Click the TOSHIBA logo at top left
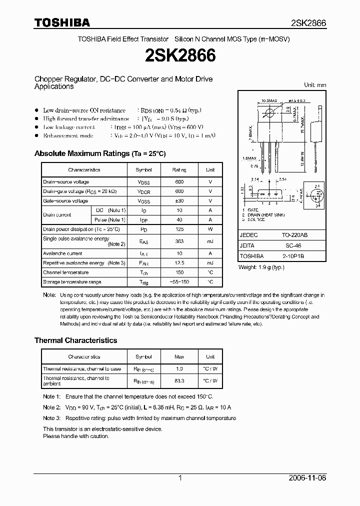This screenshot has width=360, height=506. click(62, 22)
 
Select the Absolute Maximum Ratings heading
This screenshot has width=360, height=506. click(99, 153)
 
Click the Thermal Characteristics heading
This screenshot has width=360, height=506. click(75, 340)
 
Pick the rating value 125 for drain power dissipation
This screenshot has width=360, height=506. click(179, 229)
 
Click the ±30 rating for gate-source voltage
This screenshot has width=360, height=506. click(179, 201)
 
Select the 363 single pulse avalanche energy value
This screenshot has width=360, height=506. click(179, 241)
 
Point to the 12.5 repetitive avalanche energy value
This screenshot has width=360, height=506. click(179, 263)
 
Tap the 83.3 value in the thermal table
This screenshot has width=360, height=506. click(179, 380)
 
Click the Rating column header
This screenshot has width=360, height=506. click(179, 170)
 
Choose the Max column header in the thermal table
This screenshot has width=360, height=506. click(179, 357)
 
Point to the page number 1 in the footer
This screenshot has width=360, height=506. click(180, 478)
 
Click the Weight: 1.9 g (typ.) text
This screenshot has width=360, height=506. click(261, 267)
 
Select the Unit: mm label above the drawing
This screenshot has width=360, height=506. click(315, 85)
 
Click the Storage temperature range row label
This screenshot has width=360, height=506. click(72, 282)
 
